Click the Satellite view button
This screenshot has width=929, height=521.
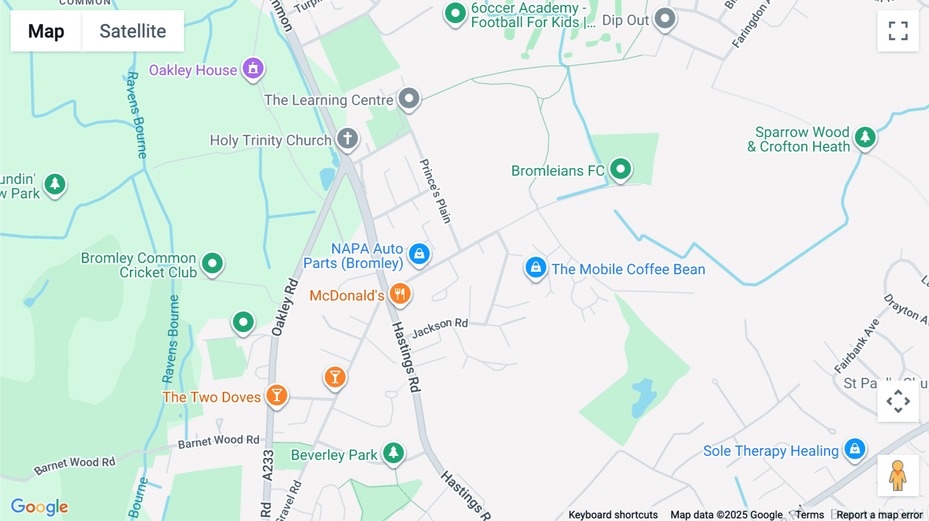coord(133,31)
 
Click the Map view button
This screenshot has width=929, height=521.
coord(46,31)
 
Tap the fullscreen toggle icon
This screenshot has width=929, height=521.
coord(898,31)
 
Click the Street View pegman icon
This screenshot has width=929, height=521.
coord(898,475)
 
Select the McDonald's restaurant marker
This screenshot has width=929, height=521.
coord(399,294)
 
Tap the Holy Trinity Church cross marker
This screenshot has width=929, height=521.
coord(347,138)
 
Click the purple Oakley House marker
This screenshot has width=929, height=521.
coord(253,68)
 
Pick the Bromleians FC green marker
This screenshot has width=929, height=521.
coord(620,169)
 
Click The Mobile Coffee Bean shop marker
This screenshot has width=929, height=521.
coord(536,268)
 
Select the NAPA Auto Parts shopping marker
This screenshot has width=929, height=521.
coord(419,254)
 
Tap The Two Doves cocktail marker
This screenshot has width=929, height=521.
coord(277,395)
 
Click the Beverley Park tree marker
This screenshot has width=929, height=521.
coord(393,453)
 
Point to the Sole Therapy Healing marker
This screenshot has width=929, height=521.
coord(855,449)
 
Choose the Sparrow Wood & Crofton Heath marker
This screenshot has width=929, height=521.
coord(865,137)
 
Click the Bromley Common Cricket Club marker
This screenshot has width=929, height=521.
coord(212,263)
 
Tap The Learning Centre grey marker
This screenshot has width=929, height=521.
coord(409,97)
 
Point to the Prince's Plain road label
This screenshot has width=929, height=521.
coord(436,191)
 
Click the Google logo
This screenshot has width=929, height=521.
coord(39,507)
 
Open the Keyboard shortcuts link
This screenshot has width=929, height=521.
coord(613,514)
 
